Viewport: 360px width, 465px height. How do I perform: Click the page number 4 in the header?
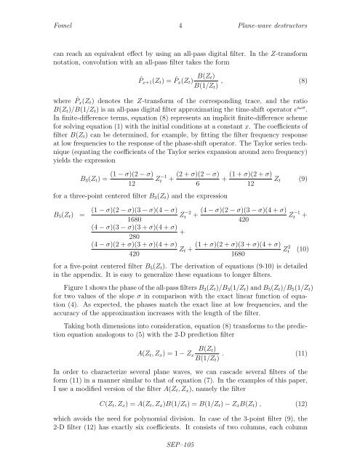point(178,25)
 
